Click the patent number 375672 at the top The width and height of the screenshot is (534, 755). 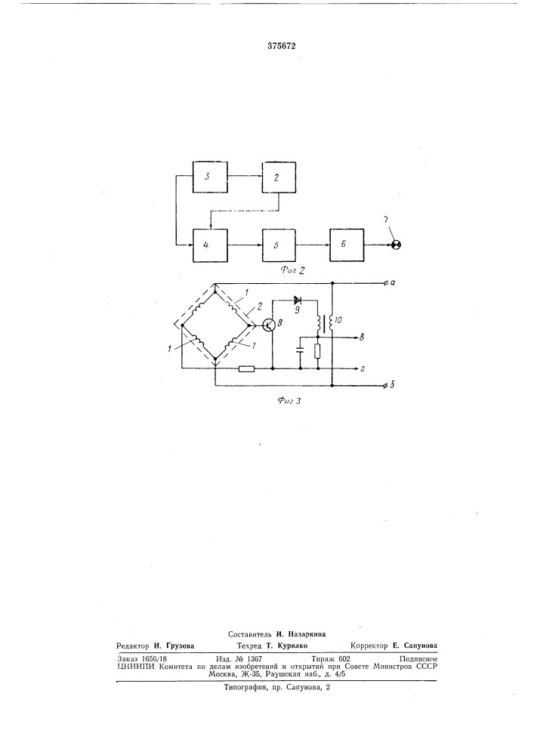(x=281, y=46)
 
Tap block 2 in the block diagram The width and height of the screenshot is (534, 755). (x=279, y=177)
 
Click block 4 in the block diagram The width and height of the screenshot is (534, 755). (x=210, y=245)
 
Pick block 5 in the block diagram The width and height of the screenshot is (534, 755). (x=279, y=245)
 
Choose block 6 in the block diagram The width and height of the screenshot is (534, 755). (x=347, y=245)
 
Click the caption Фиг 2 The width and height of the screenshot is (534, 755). (x=292, y=270)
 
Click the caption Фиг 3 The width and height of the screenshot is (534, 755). (x=289, y=400)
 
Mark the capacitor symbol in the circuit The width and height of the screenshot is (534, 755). (x=300, y=349)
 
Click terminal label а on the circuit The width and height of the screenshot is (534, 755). (x=393, y=282)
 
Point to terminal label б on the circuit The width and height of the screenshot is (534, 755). (x=393, y=385)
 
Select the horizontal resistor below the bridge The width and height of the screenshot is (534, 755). (x=246, y=369)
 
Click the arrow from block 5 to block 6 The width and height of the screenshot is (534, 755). (x=313, y=245)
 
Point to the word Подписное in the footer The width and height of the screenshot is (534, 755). (x=418, y=658)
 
